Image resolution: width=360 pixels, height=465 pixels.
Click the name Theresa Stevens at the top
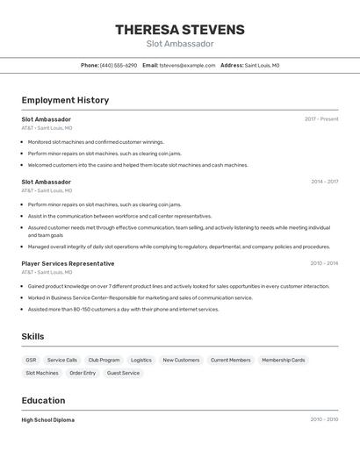tap(180, 30)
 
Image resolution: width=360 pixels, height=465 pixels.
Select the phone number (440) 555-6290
tap(119, 65)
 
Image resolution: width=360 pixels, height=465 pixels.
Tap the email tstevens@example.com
tap(187, 65)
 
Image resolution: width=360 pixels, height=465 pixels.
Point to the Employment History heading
tap(65, 100)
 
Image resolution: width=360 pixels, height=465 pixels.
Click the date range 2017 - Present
tap(321, 119)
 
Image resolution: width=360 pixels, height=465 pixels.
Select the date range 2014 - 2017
tap(324, 182)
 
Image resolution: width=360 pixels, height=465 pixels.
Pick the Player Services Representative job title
tap(68, 263)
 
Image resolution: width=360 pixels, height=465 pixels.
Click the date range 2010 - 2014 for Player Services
tap(324, 263)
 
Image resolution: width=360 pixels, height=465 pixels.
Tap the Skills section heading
tap(32, 336)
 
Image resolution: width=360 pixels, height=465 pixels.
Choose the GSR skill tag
tap(32, 360)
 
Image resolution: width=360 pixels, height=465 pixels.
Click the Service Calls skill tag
tap(62, 360)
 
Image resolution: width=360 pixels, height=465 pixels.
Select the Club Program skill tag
tap(104, 360)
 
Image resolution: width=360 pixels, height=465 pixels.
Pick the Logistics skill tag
tap(141, 360)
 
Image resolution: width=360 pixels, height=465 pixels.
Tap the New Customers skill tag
tap(181, 360)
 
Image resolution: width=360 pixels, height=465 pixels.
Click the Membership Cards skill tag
tap(284, 360)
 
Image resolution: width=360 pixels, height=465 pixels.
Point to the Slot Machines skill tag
tap(42, 373)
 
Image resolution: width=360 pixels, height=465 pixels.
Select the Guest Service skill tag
tap(123, 373)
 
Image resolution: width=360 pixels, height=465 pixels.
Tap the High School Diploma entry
tap(48, 419)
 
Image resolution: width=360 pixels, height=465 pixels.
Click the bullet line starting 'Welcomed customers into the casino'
tap(138, 165)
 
